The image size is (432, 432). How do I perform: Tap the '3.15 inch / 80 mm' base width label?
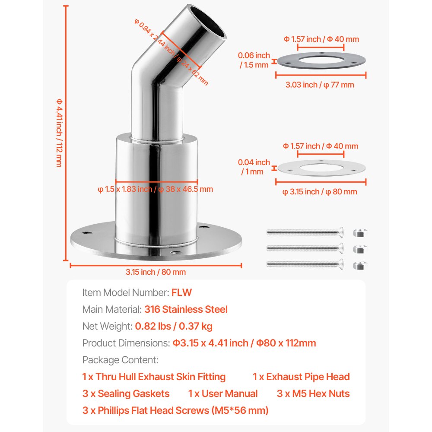click(156, 272)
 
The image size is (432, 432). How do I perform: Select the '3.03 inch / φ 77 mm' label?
click(320, 85)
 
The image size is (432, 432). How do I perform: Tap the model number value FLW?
click(181, 292)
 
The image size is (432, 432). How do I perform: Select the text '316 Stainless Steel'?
click(186, 309)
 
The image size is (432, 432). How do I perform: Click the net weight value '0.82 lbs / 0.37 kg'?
click(174, 326)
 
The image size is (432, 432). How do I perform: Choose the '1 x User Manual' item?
click(223, 394)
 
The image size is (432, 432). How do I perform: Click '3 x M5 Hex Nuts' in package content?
click(313, 394)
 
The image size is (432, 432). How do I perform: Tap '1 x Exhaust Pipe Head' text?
click(301, 377)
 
